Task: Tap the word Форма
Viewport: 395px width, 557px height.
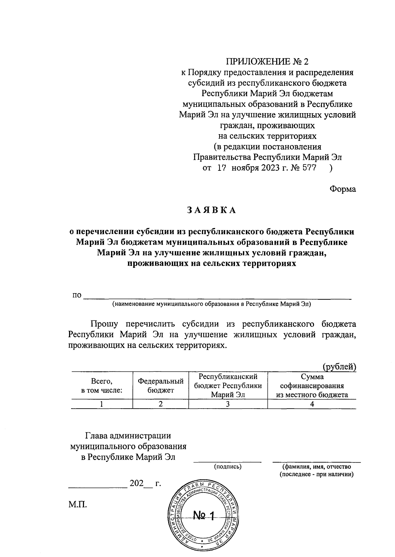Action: coord(343,189)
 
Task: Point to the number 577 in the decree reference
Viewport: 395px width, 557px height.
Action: coord(309,168)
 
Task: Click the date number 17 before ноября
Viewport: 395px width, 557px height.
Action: coord(221,168)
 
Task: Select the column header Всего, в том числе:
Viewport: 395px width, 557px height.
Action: coord(102,386)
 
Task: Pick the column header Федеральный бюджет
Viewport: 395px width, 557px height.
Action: coord(161,386)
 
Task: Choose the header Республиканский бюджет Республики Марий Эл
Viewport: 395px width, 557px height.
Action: coord(228,386)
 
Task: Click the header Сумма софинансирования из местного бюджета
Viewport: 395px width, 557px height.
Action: coord(312,386)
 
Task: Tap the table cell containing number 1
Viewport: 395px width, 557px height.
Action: coord(102,404)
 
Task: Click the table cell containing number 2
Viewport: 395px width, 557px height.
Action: coord(161,404)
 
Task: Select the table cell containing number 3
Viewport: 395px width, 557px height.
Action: coord(228,404)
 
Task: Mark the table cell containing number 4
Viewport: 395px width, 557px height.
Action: coord(312,404)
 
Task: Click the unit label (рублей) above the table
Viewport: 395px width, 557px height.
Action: coord(339,367)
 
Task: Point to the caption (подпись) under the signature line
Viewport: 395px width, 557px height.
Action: coord(228,467)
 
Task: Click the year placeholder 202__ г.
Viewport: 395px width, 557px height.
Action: coord(145,483)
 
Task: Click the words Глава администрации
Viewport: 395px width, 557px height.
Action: coord(128,436)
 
